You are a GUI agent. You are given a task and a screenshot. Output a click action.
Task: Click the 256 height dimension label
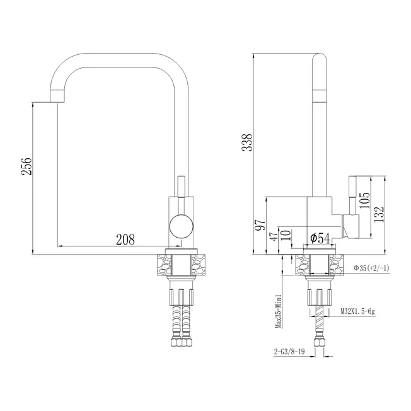(26, 166)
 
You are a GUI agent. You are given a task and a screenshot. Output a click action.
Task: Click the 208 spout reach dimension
(125, 239)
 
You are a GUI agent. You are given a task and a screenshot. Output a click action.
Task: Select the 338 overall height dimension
(247, 142)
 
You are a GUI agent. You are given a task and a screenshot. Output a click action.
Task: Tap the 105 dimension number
(364, 200)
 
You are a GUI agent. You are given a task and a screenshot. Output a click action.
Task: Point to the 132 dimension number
(379, 215)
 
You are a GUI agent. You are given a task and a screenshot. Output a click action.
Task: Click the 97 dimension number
(261, 225)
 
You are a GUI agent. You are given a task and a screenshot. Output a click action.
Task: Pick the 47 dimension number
(274, 236)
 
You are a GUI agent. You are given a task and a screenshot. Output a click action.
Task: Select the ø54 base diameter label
(320, 238)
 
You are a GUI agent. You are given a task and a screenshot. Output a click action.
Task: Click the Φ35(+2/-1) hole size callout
(371, 268)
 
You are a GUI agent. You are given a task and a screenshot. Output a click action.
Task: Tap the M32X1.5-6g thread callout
(357, 311)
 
